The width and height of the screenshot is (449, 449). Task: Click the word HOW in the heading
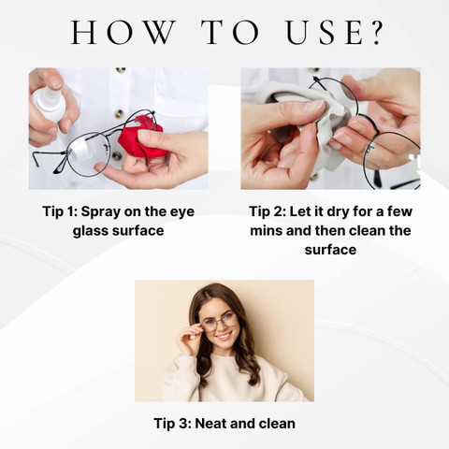tap(123, 32)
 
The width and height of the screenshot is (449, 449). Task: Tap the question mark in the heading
tap(374, 32)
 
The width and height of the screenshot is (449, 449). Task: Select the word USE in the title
tap(324, 32)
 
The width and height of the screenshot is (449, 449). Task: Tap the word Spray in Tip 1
tap(101, 212)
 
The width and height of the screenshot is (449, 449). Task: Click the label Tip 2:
tap(268, 212)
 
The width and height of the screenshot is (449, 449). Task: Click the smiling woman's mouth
tap(224, 337)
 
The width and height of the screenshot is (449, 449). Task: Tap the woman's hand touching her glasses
tap(190, 338)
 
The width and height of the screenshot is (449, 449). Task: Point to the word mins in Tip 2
tap(266, 231)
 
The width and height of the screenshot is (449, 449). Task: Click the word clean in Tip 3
tap(277, 424)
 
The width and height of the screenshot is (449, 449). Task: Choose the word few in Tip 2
tap(399, 212)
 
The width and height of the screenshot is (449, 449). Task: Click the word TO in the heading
tap(230, 32)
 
